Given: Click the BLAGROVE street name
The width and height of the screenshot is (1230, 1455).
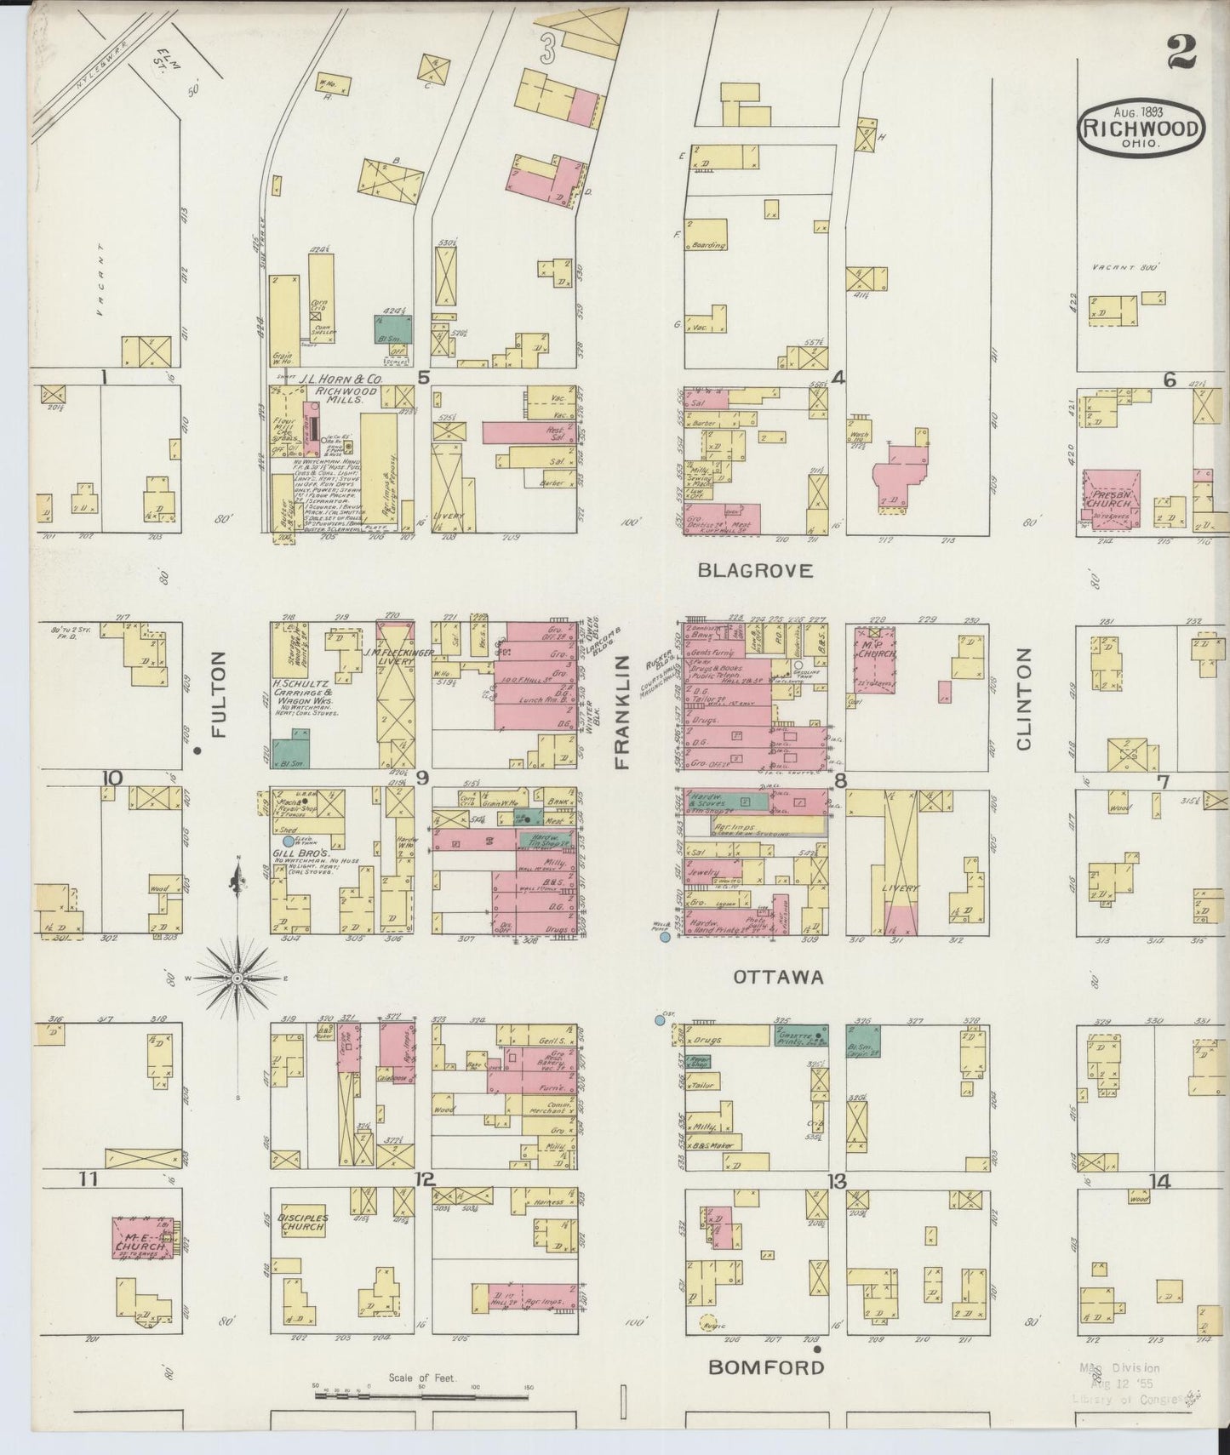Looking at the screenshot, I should point(754,571).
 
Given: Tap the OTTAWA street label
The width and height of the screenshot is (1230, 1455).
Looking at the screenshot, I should point(778,978).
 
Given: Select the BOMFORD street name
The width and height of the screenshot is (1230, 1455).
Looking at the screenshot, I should point(766,1367).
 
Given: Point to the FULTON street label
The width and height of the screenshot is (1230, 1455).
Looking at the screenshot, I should point(219,694).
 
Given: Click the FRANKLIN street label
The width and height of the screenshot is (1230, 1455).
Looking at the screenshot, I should point(623,712).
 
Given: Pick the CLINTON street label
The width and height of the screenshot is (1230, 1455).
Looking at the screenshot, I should point(1022,698).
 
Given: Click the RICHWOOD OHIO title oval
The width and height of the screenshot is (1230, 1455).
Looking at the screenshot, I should point(1141,130).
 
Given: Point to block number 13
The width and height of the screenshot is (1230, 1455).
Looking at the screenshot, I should point(837,1181).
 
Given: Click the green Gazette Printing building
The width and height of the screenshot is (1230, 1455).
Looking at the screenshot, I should point(799,1036).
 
